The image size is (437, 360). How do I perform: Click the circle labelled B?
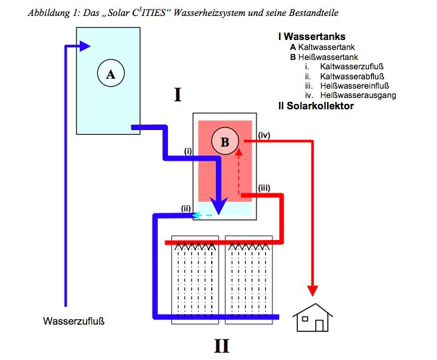(x=224, y=141)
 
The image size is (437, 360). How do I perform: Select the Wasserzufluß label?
(x=74, y=321)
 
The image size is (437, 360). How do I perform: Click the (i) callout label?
(x=189, y=151)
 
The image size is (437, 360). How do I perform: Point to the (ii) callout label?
(x=186, y=209)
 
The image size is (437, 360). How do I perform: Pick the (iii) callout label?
(x=263, y=187)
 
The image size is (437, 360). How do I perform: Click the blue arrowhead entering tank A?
(x=85, y=46)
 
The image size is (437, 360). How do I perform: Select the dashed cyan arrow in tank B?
(x=203, y=215)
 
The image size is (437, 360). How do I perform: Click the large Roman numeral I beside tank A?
(x=177, y=95)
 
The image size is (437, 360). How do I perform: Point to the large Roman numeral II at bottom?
(x=222, y=345)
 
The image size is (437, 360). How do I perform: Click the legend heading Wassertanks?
(x=312, y=38)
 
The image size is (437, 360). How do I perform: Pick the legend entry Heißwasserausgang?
(x=358, y=95)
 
